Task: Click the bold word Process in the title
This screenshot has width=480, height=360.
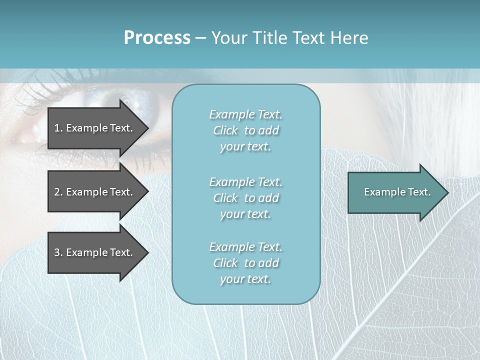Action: (x=157, y=38)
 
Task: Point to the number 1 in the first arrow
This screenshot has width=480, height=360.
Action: (x=57, y=128)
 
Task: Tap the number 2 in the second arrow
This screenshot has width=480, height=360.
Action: (x=57, y=192)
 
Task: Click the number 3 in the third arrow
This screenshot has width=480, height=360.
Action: (x=57, y=252)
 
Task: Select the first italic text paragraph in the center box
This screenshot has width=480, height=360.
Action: (x=245, y=130)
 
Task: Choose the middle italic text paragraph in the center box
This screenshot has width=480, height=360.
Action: (x=245, y=198)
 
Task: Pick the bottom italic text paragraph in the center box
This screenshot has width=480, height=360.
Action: (x=245, y=263)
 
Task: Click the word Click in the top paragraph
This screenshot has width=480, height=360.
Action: (x=225, y=130)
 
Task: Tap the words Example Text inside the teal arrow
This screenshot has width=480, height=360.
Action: (x=397, y=192)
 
